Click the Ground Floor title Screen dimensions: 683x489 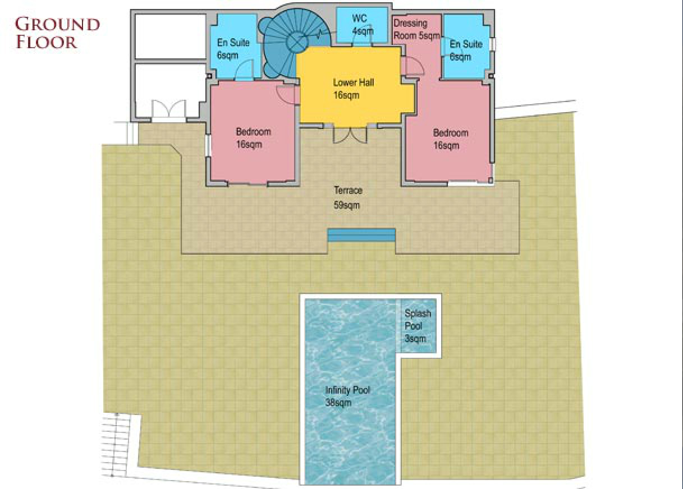[57, 34]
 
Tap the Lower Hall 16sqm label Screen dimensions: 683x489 [353, 89]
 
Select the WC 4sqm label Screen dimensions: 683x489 [361, 24]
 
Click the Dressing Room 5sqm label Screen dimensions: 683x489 [416, 29]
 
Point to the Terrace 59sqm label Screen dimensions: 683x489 [347, 198]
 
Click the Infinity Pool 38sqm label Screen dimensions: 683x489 [347, 396]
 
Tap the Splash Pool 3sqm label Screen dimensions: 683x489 [418, 326]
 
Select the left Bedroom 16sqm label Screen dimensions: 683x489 [253, 138]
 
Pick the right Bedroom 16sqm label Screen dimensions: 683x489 [450, 139]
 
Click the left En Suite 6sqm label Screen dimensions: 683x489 [233, 49]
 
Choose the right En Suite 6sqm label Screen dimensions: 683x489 [466, 50]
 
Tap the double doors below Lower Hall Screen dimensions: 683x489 [350, 135]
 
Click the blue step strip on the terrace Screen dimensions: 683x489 [361, 235]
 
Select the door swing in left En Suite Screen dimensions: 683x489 [244, 70]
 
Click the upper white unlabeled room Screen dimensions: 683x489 [171, 36]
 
